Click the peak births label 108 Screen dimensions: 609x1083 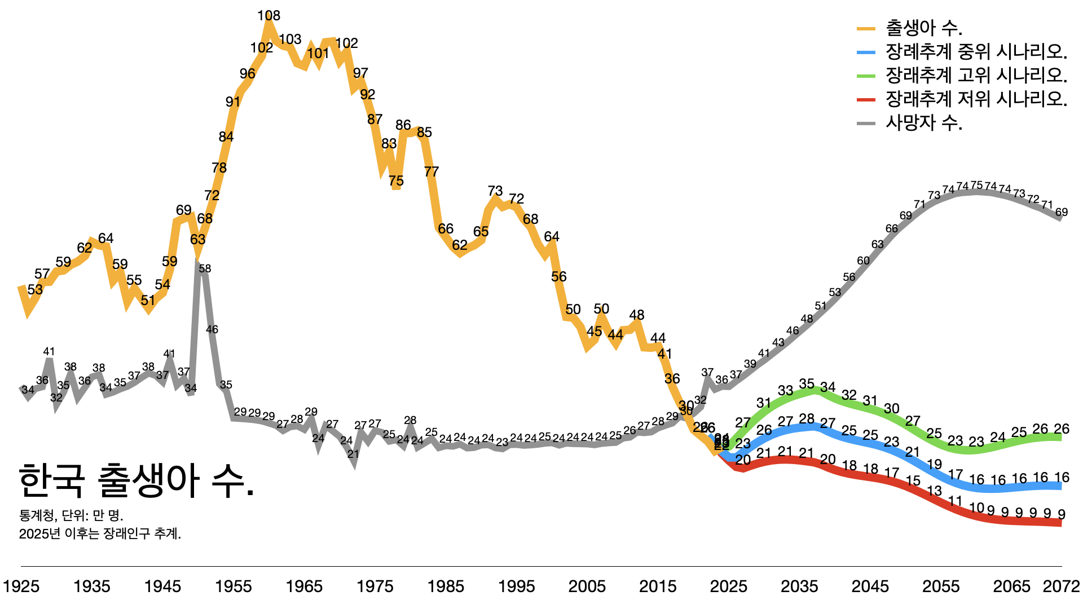268,16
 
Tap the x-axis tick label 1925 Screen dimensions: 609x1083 21,586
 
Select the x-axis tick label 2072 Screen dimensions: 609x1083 1061,586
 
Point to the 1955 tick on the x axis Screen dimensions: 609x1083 234,586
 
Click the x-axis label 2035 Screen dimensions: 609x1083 799,586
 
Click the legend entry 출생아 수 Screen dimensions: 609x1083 924,28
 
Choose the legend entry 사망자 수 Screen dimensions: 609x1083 924,122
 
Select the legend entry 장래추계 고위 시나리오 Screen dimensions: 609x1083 976,75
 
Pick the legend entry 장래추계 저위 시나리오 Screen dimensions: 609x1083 976,99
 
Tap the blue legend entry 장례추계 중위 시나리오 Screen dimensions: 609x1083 976,51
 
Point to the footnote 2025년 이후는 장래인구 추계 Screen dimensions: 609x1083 100,533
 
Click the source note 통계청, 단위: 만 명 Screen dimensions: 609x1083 71,515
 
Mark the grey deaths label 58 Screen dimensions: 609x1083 205,268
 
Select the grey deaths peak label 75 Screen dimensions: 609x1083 976,185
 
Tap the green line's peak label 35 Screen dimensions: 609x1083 807,384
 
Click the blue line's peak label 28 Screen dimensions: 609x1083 807,419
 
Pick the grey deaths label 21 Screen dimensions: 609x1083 353,454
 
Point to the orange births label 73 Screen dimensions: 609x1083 495,191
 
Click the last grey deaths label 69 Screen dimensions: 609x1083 1062,213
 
